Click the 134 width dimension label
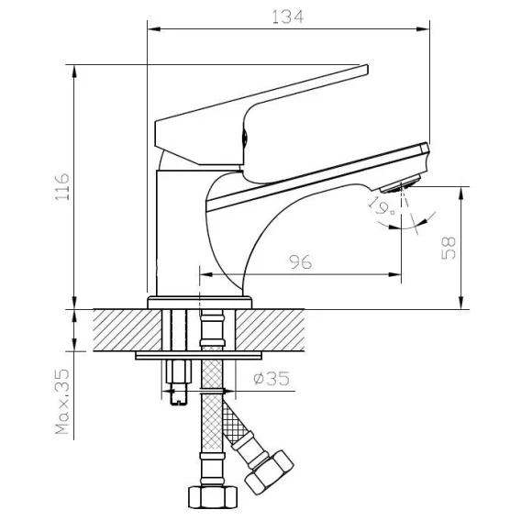tap(288, 17)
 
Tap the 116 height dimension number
tap(62, 186)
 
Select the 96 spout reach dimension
tap(301, 262)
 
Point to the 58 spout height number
tap(449, 248)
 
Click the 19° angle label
tap(382, 206)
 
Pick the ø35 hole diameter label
tap(272, 379)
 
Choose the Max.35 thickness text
tap(62, 402)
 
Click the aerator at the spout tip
tap(400, 184)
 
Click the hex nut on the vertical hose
tap(213, 497)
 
